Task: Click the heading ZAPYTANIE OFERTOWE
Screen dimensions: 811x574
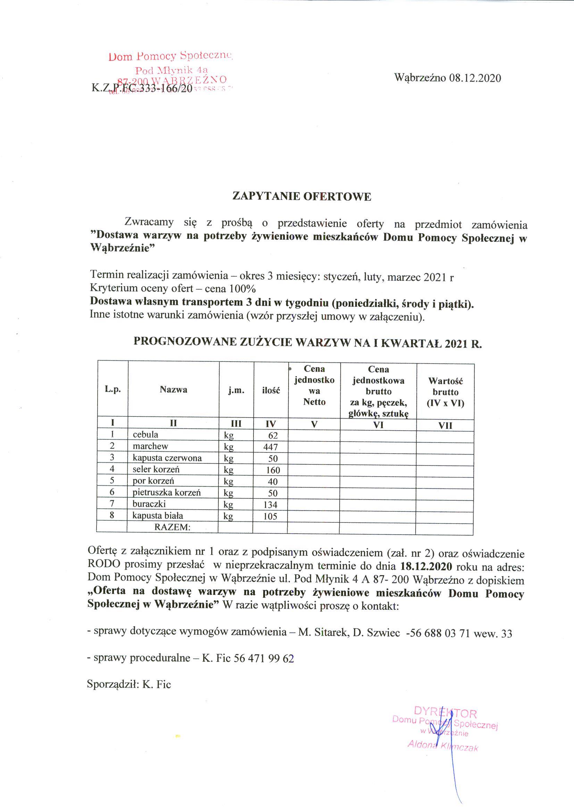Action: point(301,197)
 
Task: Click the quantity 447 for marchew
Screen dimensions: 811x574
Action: point(271,447)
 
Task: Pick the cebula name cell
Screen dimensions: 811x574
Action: point(145,435)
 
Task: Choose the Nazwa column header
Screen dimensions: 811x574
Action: point(173,390)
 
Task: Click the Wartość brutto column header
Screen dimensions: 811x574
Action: point(445,392)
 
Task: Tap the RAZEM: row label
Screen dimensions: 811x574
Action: point(172,527)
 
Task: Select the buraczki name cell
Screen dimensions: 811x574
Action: point(149,504)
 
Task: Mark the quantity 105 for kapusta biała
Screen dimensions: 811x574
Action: point(271,516)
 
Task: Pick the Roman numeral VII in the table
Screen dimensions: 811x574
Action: point(445,426)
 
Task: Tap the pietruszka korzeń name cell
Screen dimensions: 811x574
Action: point(167,493)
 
